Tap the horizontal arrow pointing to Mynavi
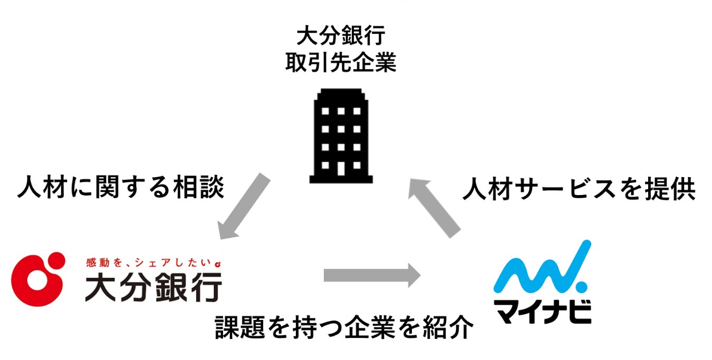pos(372,275)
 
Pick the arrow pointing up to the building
pos(437,206)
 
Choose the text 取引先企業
pos(340,64)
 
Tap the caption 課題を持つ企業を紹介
pos(343,328)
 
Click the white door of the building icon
pos(341,168)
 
